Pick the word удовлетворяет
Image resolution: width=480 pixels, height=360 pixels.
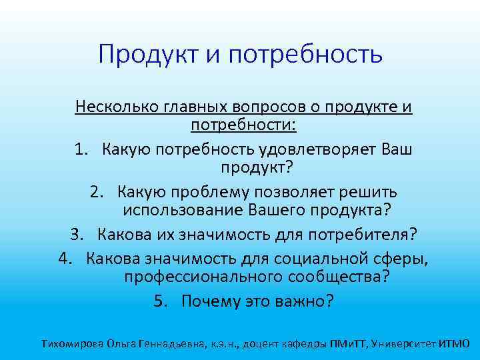307,149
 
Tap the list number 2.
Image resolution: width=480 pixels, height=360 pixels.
97,192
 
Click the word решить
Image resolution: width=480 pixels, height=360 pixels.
369,192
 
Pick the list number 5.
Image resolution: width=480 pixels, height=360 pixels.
159,301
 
